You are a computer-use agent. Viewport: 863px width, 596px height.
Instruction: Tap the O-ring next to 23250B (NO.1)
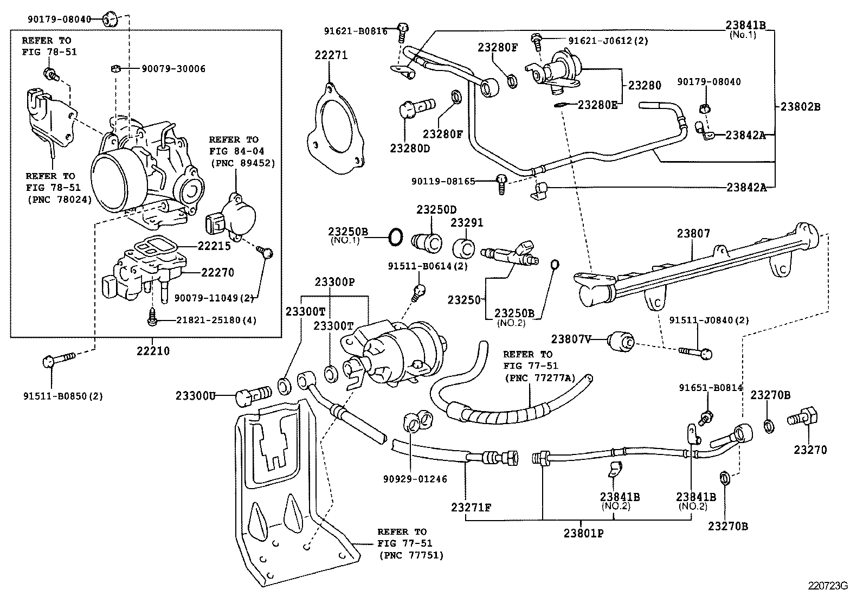coord(396,236)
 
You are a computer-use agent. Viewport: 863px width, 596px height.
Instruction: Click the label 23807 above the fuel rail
coord(693,234)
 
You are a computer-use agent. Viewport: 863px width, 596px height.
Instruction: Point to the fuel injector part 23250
coord(510,255)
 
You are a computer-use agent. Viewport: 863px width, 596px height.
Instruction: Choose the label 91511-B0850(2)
coord(63,396)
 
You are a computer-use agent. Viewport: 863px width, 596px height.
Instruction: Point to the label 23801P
coord(583,533)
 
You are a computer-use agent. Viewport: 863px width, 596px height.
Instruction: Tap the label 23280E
coord(597,105)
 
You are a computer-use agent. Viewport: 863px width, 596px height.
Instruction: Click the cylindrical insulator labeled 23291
coord(463,247)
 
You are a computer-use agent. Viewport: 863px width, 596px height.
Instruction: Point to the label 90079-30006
coord(173,69)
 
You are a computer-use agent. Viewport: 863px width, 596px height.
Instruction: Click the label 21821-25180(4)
coord(216,320)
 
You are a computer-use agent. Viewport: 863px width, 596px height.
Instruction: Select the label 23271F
coord(471,508)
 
